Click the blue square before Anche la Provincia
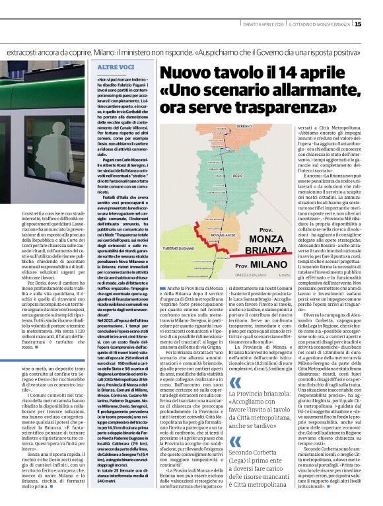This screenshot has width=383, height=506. coord(162,289)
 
